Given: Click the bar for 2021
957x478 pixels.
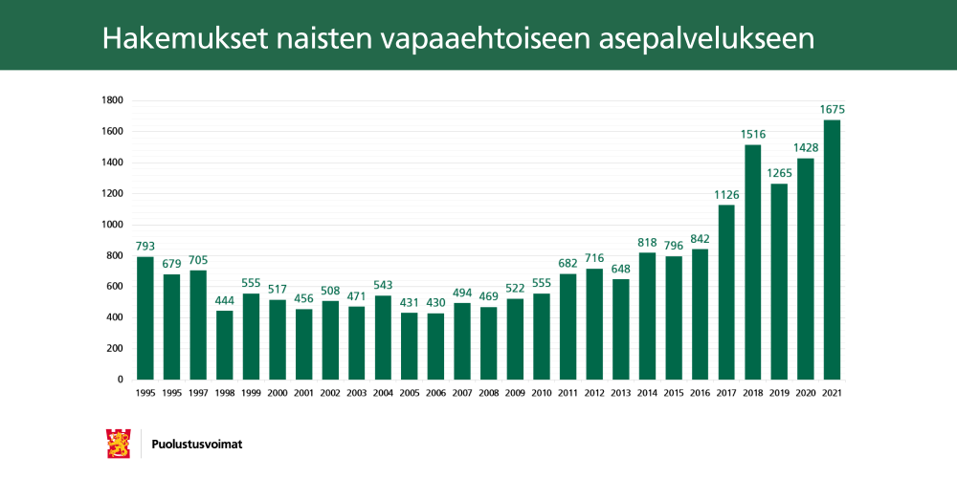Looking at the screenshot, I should [x=832, y=250].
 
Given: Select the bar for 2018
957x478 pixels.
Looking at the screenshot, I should [x=752, y=262].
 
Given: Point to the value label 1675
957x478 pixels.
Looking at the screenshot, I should [x=832, y=110].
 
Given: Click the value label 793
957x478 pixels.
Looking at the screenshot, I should [x=145, y=247].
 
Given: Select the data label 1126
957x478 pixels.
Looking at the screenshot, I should [x=726, y=195].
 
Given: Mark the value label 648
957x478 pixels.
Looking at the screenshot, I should [x=620, y=269].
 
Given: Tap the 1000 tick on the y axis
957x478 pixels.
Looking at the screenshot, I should [x=112, y=225].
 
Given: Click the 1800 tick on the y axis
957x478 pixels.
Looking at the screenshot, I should [x=112, y=100].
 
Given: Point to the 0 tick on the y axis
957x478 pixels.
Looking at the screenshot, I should [x=120, y=380].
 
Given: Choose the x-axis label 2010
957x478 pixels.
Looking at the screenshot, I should [x=542, y=393].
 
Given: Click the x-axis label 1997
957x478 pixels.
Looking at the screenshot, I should [x=198, y=393].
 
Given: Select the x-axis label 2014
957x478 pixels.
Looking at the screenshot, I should [x=647, y=393].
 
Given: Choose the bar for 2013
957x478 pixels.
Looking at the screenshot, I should [x=620, y=329].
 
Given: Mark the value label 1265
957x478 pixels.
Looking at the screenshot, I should [x=779, y=173].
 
